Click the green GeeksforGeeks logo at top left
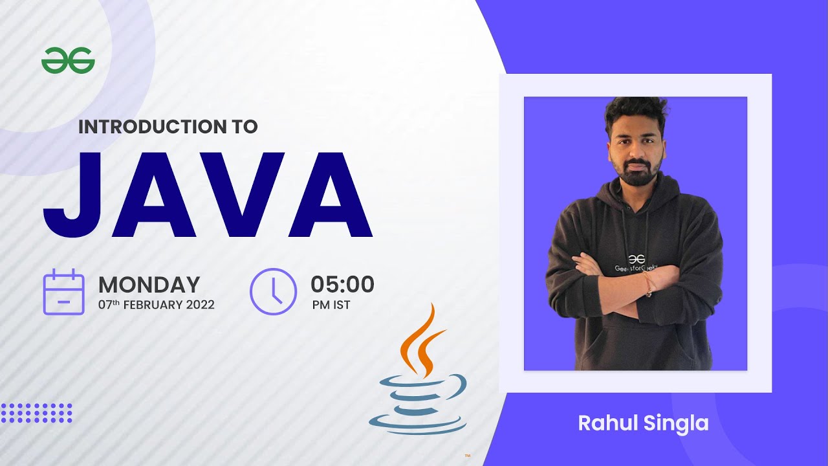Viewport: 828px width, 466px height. [x=68, y=61]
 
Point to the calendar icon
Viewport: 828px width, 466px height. [x=63, y=292]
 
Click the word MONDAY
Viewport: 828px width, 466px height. [x=149, y=285]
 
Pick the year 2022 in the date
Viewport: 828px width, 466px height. [x=200, y=305]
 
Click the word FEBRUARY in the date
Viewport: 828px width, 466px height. [x=153, y=305]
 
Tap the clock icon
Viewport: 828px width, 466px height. [x=273, y=291]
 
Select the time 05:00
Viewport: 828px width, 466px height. [x=342, y=284]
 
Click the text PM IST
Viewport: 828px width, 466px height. [x=331, y=305]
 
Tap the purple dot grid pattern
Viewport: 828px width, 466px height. [x=36, y=413]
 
